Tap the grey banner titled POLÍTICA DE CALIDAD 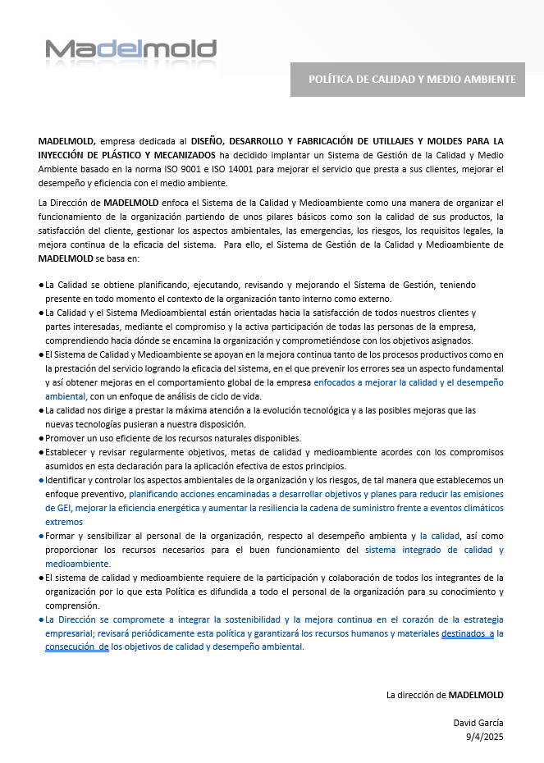(x=408, y=80)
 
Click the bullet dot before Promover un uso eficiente (x=41, y=438)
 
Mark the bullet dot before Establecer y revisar (x=41, y=452)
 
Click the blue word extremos (x=64, y=522)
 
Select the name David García (x=478, y=723)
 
